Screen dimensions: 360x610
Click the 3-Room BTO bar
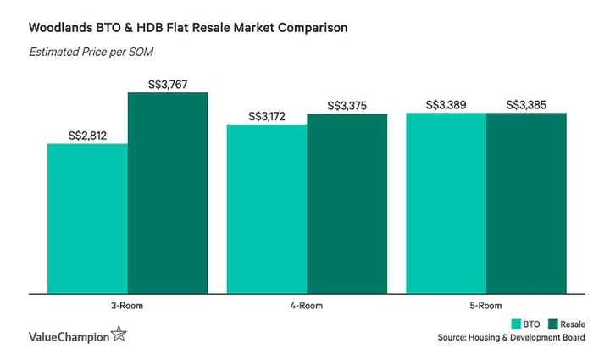point(87,219)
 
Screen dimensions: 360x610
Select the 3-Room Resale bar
point(168,193)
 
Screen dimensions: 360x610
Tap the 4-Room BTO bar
point(266,209)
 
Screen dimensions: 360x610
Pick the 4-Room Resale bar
point(347,203)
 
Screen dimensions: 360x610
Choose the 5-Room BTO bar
point(446,202)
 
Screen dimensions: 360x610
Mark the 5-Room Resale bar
point(526,203)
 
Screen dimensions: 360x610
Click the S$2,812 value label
point(87,135)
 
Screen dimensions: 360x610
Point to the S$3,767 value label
point(168,84)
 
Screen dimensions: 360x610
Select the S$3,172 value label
point(266,115)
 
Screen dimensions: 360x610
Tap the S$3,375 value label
point(347,105)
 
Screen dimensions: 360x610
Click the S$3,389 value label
point(446,104)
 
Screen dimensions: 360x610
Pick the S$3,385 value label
point(526,104)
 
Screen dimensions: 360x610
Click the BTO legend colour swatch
point(516,323)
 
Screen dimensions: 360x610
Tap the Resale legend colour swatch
point(553,323)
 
